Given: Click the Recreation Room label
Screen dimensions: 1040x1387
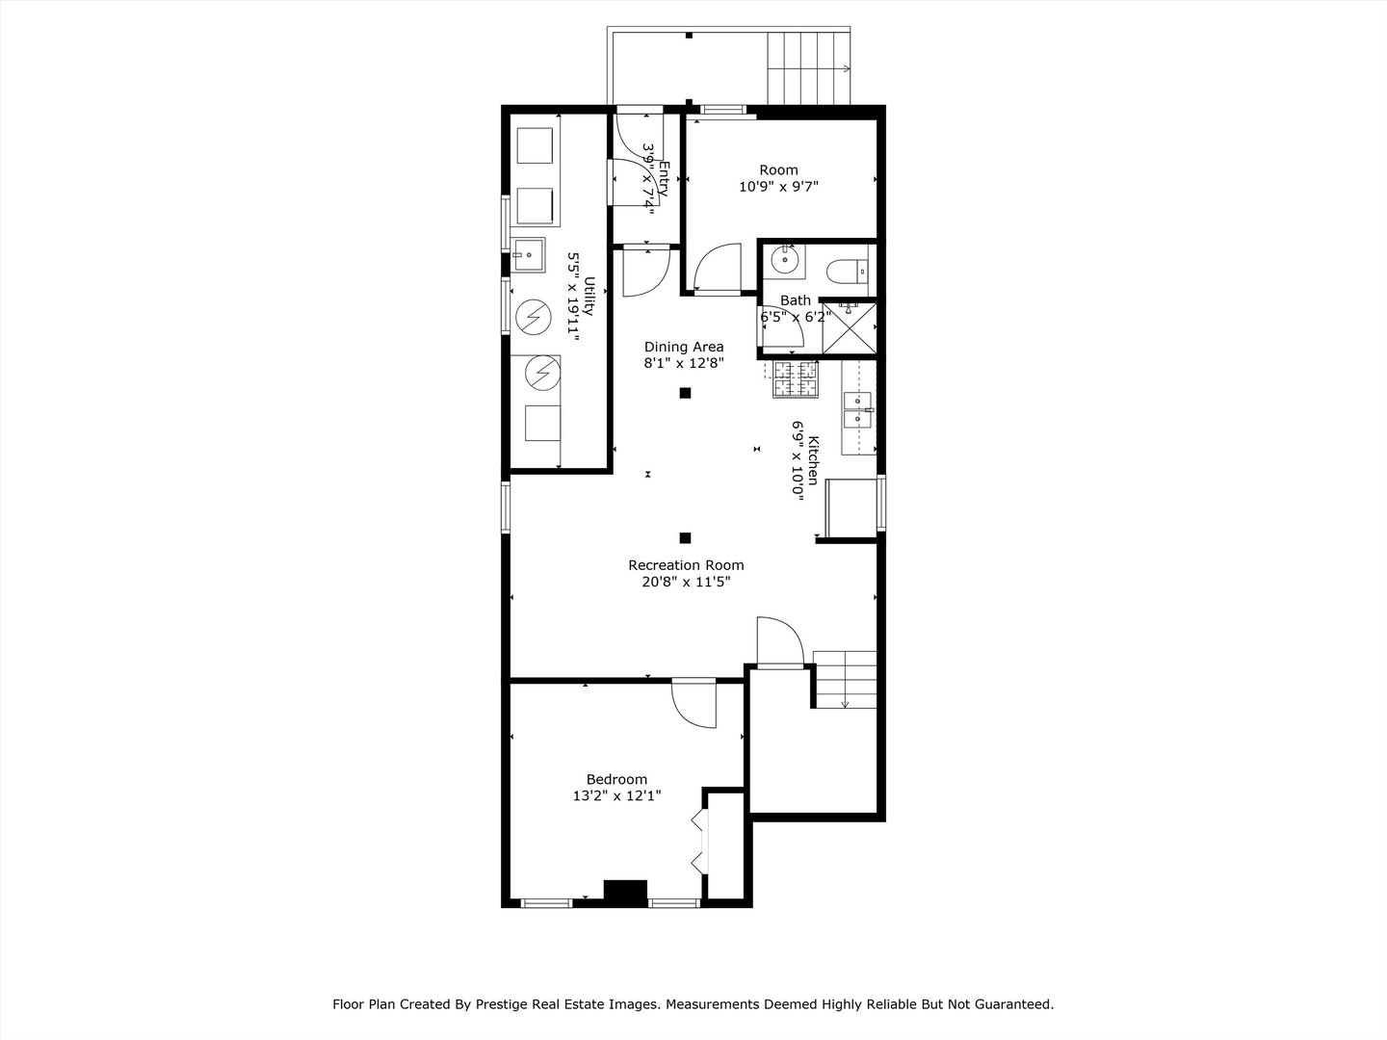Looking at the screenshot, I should coord(686,565).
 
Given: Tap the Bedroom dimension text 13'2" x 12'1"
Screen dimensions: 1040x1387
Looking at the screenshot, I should coord(616,795).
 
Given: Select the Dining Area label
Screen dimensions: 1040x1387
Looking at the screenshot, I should coord(684,347).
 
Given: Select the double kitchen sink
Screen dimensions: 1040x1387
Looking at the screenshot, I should coord(857,408).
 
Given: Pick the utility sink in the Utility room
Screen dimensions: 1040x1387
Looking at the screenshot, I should coord(527,255).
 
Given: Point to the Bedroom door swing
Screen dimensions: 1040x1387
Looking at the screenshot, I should coord(693,703).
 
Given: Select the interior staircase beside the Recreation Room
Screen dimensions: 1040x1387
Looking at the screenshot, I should coord(845,679).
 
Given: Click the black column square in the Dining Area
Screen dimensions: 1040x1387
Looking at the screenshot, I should coord(686,392).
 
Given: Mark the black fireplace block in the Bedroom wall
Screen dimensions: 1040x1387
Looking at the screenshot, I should coord(625,892).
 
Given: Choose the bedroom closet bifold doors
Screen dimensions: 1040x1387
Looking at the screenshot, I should coord(699,841).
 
